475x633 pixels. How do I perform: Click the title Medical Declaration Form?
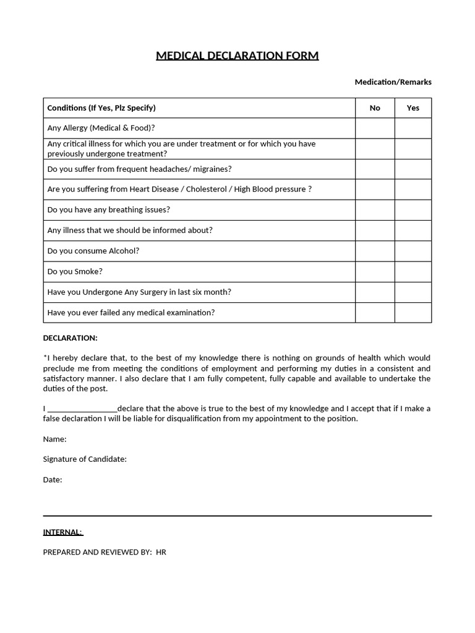(x=237, y=56)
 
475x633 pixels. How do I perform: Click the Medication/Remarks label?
(x=393, y=82)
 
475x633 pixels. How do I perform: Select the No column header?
(x=375, y=108)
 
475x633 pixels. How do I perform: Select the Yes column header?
(x=413, y=108)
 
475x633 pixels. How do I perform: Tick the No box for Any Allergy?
(x=375, y=128)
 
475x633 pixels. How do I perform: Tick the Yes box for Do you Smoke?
(x=413, y=271)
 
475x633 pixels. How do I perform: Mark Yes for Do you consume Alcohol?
(x=413, y=251)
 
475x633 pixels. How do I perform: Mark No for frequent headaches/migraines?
(x=375, y=169)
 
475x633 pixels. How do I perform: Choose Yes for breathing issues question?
(x=413, y=210)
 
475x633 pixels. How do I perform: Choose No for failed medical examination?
(x=375, y=312)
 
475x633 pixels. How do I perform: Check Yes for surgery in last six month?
(x=413, y=292)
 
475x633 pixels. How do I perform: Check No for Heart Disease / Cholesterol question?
(x=375, y=189)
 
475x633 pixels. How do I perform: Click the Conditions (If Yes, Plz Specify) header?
(x=101, y=108)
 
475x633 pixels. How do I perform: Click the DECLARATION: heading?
(x=70, y=338)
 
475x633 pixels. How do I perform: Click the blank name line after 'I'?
(x=82, y=408)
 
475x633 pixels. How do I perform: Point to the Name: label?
(x=54, y=439)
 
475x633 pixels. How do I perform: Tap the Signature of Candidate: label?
(x=85, y=459)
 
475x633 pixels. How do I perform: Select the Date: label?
(x=53, y=479)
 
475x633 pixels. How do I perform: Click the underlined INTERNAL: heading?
(x=62, y=532)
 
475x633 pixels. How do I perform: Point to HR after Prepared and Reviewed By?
(x=161, y=552)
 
